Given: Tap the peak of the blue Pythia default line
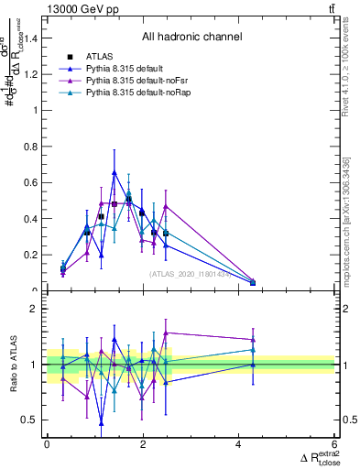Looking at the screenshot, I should point(115,172).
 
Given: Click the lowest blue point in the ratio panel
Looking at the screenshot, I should point(101,423).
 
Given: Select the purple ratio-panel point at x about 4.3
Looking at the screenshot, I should point(253,340).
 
